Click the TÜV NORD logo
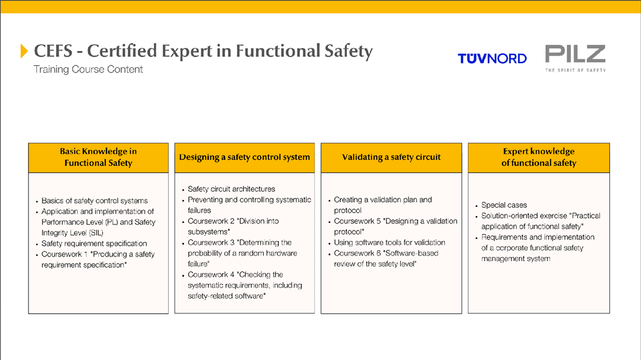pyautogui.click(x=492, y=58)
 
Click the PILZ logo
pyautogui.click(x=575, y=58)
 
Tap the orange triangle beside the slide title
pyautogui.click(x=24, y=51)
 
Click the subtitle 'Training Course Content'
pyautogui.click(x=88, y=70)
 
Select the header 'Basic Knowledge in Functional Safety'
pyautogui.click(x=98, y=157)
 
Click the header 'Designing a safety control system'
pyautogui.click(x=245, y=157)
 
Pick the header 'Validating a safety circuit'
pyautogui.click(x=391, y=157)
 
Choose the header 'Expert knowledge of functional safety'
pyautogui.click(x=539, y=157)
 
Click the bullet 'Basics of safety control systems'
pyautogui.click(x=94, y=201)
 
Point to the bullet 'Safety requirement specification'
pyautogui.click(x=94, y=244)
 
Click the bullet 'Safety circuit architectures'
pyautogui.click(x=231, y=189)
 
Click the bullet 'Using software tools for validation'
pyautogui.click(x=390, y=242)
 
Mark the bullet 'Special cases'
pyautogui.click(x=504, y=205)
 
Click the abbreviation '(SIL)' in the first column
pyautogui.click(x=96, y=233)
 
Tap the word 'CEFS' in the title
pyautogui.click(x=53, y=51)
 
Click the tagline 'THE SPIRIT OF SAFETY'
pyautogui.click(x=576, y=70)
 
